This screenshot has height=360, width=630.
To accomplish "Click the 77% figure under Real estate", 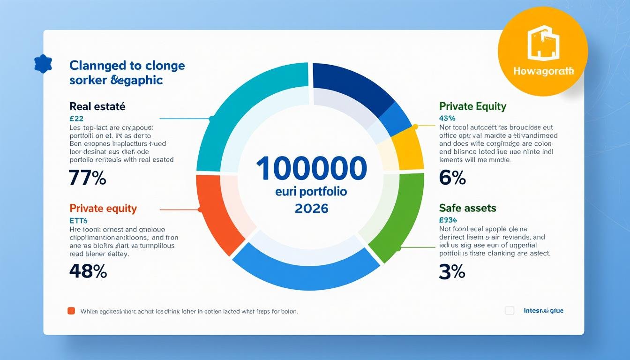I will (x=87, y=178).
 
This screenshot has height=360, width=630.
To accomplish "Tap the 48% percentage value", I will (x=88, y=271).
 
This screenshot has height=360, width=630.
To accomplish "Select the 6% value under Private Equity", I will (x=452, y=178).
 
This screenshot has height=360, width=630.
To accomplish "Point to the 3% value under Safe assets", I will (x=452, y=271).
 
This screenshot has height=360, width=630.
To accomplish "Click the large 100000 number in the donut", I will (x=311, y=168).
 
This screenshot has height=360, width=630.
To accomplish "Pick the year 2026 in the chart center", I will (x=312, y=208).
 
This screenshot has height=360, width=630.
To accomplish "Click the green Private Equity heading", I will (x=472, y=106).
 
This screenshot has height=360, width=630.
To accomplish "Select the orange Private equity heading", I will (x=103, y=208).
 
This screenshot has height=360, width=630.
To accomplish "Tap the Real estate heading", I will (x=97, y=106).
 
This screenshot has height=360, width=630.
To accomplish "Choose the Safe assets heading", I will (x=467, y=208).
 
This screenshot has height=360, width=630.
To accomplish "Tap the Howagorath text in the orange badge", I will (x=543, y=72).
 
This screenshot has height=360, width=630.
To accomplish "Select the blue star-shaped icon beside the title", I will (x=43, y=64).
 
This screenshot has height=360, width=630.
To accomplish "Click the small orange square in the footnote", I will (x=71, y=310).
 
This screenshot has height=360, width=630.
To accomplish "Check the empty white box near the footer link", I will (x=510, y=310).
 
